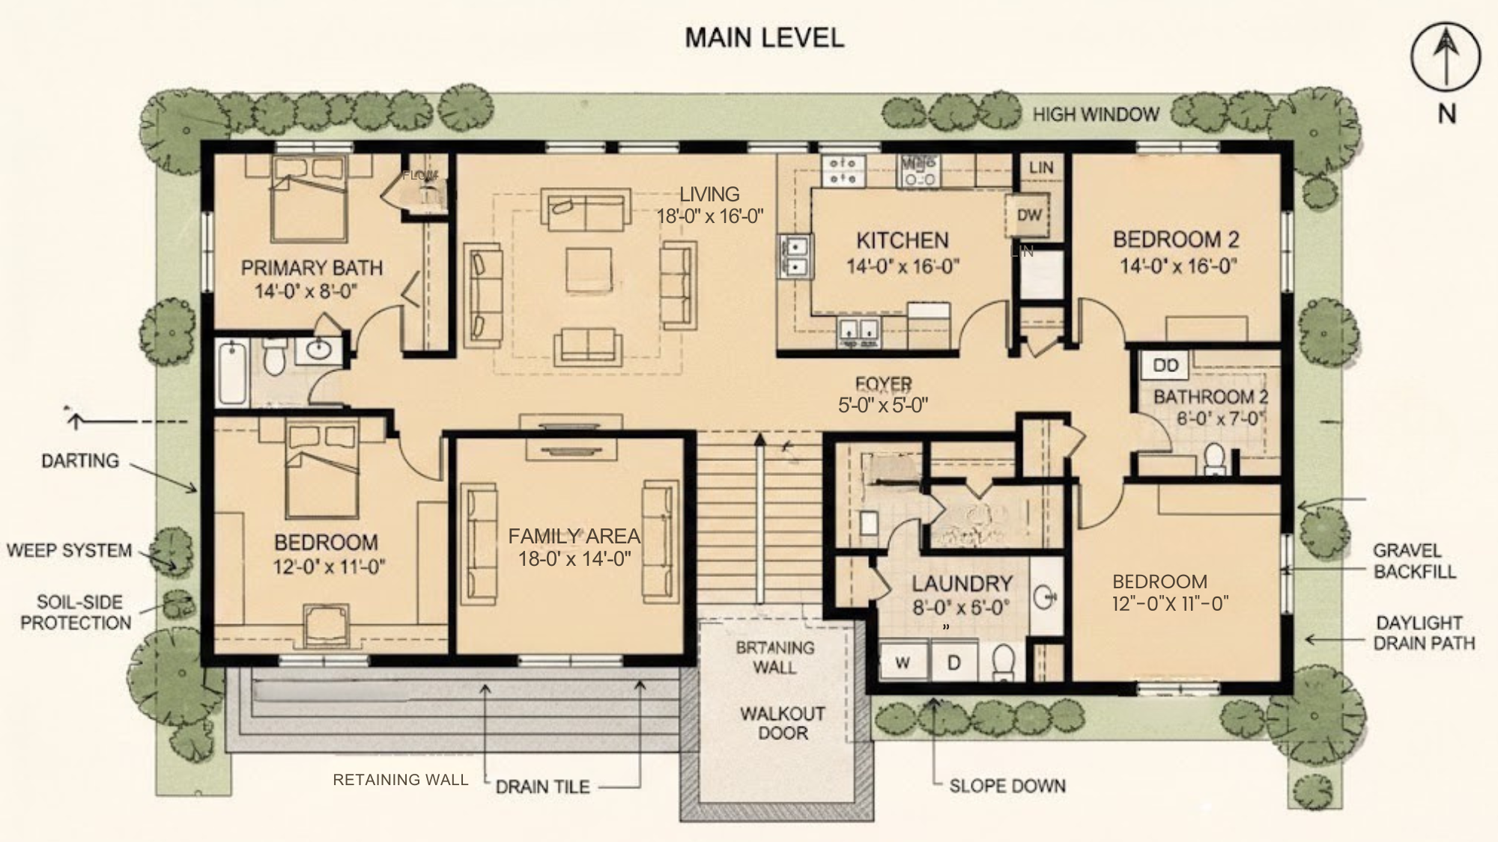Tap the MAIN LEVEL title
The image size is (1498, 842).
pos(764,37)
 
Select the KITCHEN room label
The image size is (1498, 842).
pos(902,240)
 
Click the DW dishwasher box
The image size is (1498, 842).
pos(1029,216)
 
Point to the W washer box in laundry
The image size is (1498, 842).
pos(903,663)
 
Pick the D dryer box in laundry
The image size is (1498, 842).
pos(953,663)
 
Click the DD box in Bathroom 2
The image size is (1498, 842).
pos(1165,366)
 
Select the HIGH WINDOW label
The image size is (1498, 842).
pos(1095,115)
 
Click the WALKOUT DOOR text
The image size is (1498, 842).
pos(782,723)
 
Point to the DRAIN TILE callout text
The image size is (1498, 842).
pos(542,787)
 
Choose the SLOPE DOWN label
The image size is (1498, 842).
pos(1007,786)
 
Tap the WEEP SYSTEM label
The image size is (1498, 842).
pos(69,551)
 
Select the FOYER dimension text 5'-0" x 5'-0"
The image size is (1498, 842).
pos(882,405)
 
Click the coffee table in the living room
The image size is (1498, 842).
pos(588,269)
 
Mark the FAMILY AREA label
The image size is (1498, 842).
pos(574,536)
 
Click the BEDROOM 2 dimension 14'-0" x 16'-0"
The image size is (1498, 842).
pos(1177,266)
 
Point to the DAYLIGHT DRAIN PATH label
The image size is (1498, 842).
pos(1423,633)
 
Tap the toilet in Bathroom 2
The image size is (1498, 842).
pos(1214,458)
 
